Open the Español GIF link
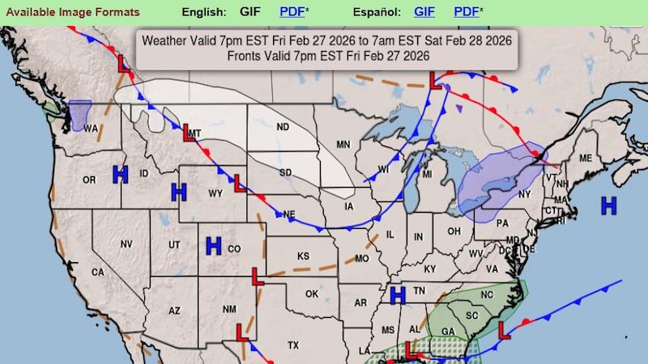pos(424,12)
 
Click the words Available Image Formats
pos(70,12)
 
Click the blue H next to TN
pos(398,295)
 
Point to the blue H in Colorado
pos(214,246)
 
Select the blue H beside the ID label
pos(121,174)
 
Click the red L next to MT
pos(188,132)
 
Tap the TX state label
pos(293,345)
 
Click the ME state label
pos(586,158)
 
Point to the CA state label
pos(97,273)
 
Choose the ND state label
pos(283,127)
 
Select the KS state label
pos(303,256)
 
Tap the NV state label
pos(126,243)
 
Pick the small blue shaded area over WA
pos(79,115)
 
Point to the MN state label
pos(343,145)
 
